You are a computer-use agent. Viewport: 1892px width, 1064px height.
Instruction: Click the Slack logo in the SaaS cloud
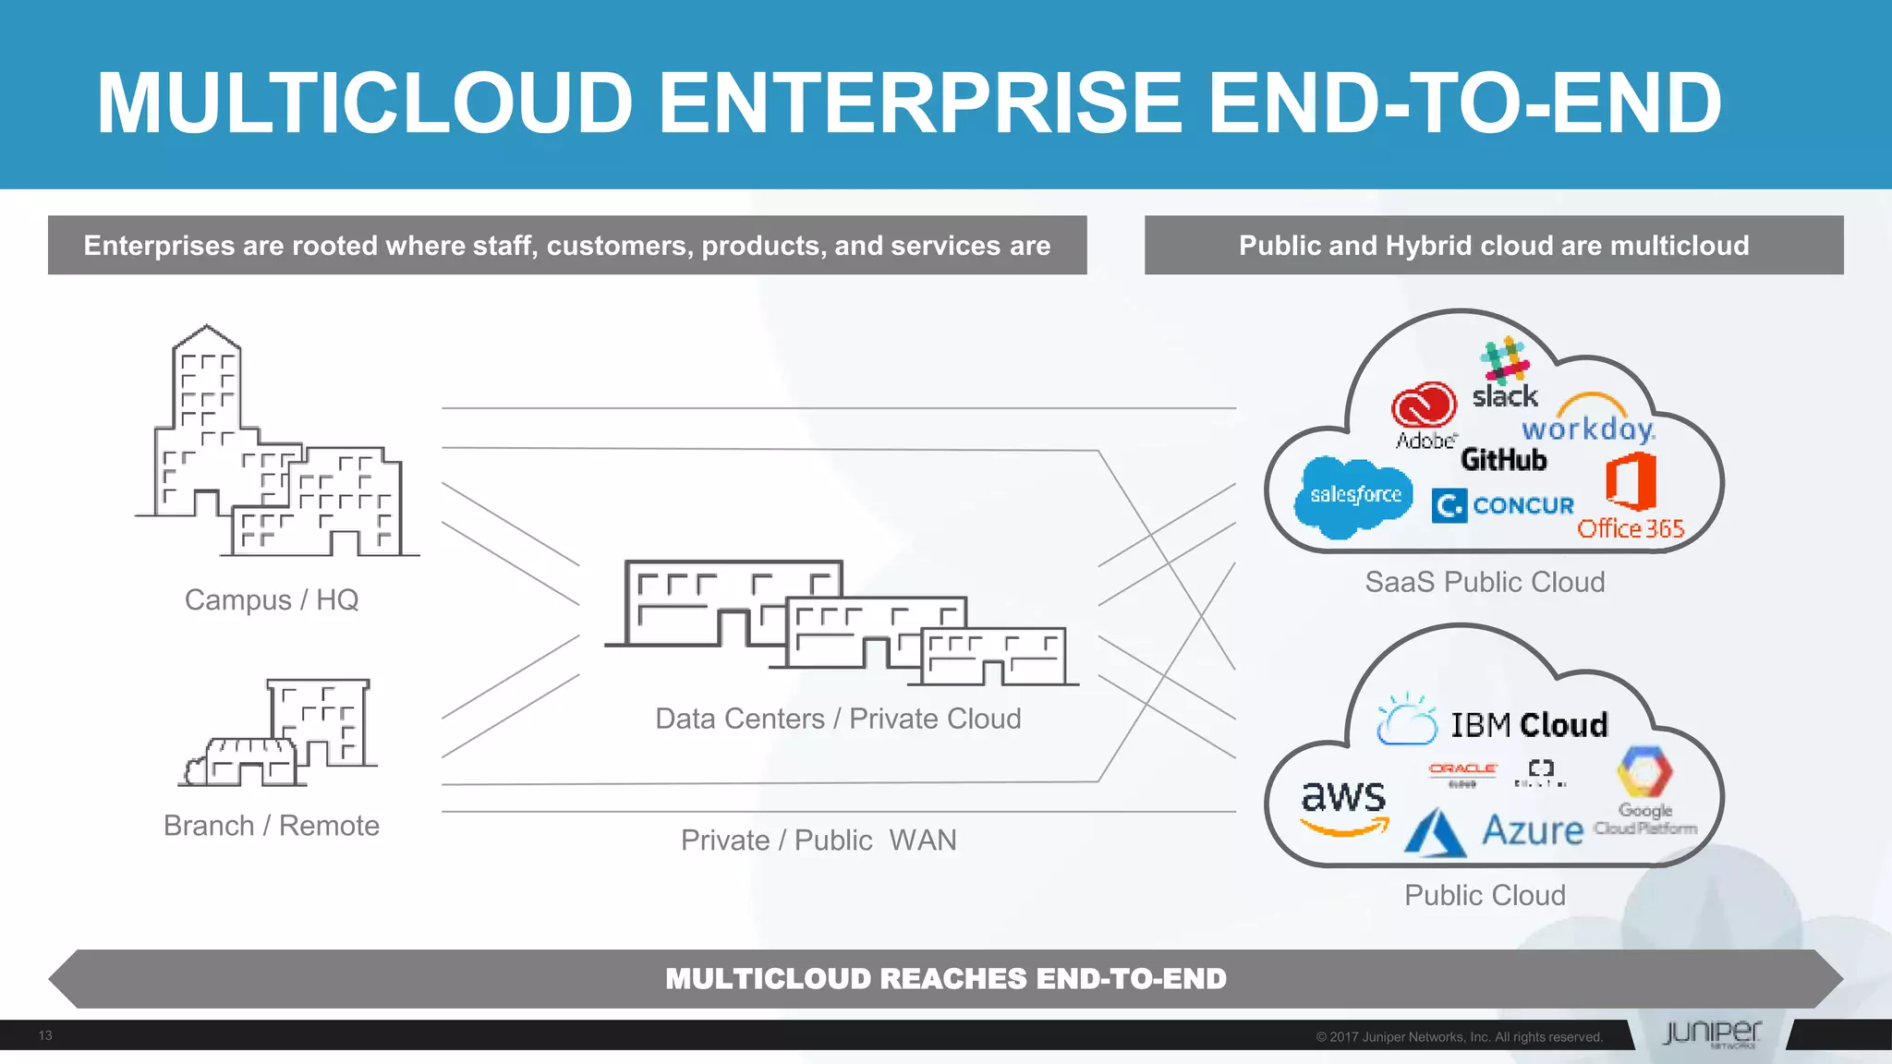click(1505, 374)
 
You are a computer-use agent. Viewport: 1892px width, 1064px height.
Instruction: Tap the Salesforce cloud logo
click(1354, 496)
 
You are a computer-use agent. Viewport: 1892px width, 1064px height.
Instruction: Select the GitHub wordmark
click(1503, 459)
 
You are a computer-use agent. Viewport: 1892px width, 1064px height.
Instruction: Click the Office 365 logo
click(1631, 499)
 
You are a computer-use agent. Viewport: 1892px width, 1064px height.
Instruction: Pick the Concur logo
click(1503, 505)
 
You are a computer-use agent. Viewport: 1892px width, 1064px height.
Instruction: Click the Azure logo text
click(1532, 829)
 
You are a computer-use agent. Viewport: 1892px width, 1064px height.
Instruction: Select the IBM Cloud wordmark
click(1528, 725)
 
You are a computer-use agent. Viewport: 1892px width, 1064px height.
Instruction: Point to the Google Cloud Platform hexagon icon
click(1644, 772)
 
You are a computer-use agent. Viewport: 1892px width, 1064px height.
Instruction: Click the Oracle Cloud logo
click(1462, 773)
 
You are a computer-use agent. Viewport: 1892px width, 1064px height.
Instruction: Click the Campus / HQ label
click(272, 600)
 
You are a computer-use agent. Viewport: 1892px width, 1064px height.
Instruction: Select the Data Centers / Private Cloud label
click(838, 719)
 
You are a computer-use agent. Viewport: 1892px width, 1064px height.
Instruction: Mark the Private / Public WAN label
click(819, 840)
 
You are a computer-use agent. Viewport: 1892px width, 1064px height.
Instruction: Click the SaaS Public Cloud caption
click(1485, 582)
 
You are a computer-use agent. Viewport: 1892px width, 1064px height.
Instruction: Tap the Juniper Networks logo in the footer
click(1711, 1034)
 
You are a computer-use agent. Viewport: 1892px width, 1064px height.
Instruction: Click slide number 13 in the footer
click(45, 1035)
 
